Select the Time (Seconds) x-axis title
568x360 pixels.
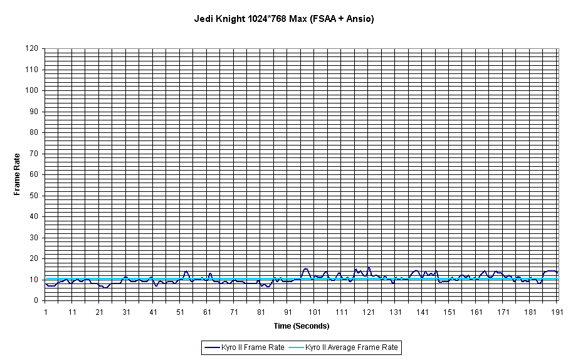point(301,326)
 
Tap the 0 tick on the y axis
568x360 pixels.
point(38,300)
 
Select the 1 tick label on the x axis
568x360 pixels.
point(45,312)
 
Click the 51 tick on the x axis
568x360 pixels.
point(180,312)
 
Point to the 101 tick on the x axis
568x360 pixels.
point(315,312)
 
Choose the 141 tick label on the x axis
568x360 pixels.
point(423,312)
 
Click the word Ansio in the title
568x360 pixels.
point(359,19)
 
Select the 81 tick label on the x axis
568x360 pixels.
point(261,312)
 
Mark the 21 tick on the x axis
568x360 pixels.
point(99,312)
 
